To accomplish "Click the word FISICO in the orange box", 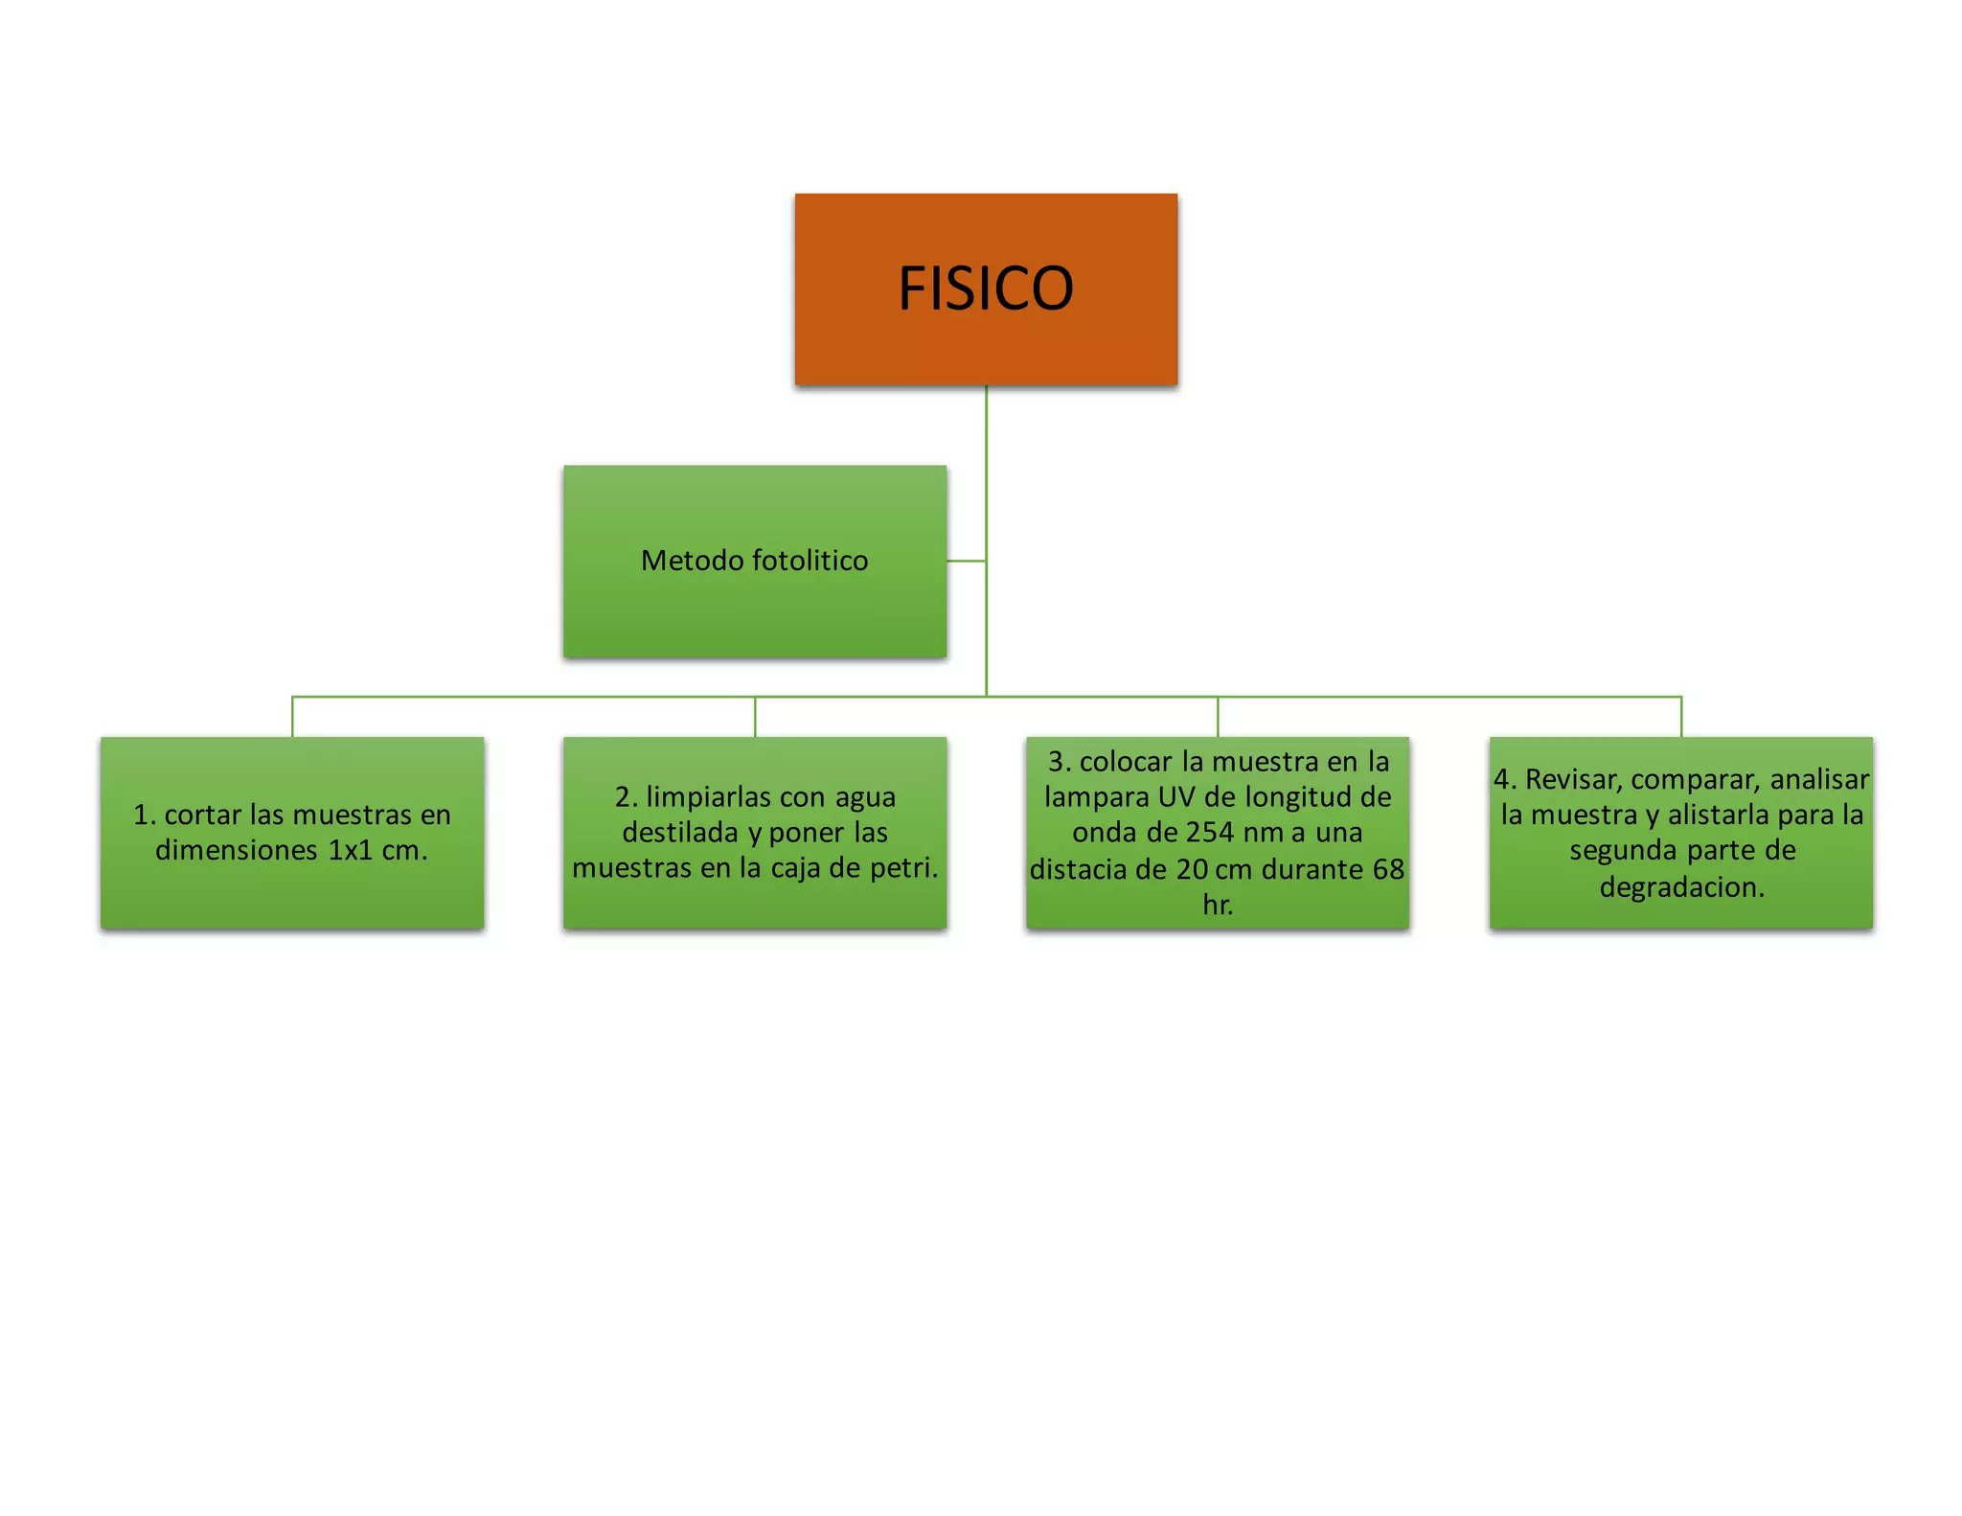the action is click(x=986, y=287).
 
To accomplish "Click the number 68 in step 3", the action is click(x=1388, y=869).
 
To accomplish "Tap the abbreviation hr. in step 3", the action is click(x=1218, y=905).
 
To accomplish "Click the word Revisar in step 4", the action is click(x=1573, y=780).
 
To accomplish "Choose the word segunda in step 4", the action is click(x=1623, y=851).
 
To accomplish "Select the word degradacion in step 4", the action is click(x=1681, y=887).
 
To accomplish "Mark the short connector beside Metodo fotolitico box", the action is click(x=967, y=561).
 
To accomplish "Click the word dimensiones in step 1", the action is click(x=237, y=850).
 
